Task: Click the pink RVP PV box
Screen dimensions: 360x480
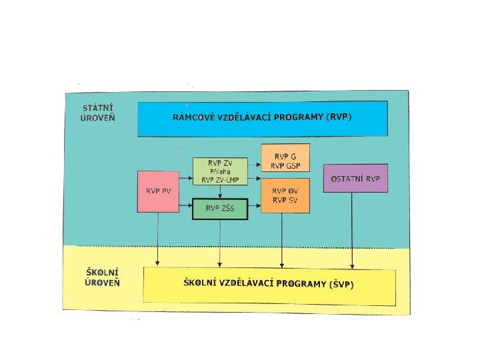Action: tap(158, 191)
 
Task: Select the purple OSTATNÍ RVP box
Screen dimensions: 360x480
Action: tap(355, 178)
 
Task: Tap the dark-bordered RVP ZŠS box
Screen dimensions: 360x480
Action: tap(219, 209)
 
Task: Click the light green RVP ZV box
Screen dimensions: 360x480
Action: tap(219, 171)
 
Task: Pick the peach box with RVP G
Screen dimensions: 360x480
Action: tap(285, 160)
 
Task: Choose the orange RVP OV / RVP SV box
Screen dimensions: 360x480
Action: tap(285, 195)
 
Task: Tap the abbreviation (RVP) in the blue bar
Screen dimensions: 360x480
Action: tap(339, 117)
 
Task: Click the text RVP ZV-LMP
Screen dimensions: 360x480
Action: tap(219, 180)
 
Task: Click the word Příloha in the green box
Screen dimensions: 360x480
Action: tap(219, 171)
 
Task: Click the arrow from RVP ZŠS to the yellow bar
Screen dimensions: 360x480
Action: tap(220, 243)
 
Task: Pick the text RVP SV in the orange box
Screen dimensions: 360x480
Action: tap(285, 201)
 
